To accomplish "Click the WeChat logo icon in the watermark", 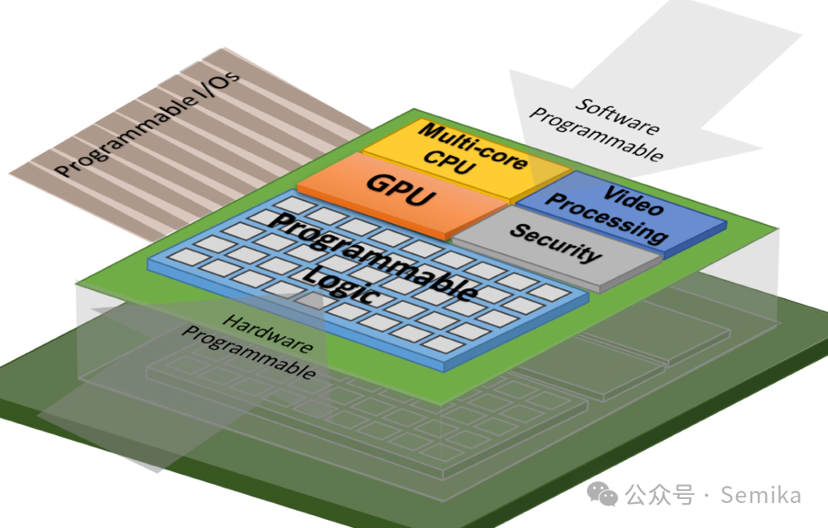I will [x=602, y=493].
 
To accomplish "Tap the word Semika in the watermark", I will [x=761, y=494].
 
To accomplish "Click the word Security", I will [x=556, y=242].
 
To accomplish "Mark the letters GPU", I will [x=400, y=191].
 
